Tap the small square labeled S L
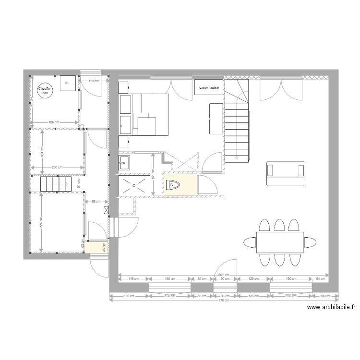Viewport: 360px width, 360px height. tap(67, 83)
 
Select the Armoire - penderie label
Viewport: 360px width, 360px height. tap(208, 88)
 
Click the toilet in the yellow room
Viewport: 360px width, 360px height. tap(173, 185)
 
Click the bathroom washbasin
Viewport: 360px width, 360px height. tap(124, 162)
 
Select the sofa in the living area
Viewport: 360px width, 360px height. tap(286, 173)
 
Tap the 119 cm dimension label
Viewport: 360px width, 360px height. tap(94, 81)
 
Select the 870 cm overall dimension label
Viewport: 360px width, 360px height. tap(223, 300)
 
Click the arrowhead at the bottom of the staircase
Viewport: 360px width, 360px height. tap(237, 156)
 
